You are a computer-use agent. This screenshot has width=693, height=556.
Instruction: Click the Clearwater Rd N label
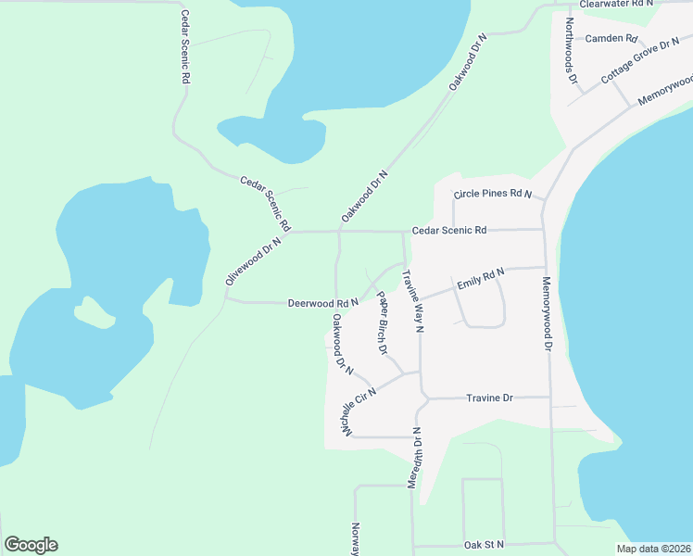click(617, 5)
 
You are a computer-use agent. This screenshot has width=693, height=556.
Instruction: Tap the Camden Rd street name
click(611, 39)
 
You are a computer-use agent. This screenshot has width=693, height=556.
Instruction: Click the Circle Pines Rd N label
click(492, 195)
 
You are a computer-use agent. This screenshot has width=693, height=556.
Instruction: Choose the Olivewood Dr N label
click(252, 260)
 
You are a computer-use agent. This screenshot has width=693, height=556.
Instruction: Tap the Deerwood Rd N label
click(322, 303)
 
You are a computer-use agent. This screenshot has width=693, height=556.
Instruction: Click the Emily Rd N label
click(479, 278)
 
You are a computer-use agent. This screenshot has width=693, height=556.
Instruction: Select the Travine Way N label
click(412, 300)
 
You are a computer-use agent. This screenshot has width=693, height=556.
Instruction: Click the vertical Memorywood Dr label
click(547, 314)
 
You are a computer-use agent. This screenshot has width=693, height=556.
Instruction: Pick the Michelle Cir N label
click(359, 414)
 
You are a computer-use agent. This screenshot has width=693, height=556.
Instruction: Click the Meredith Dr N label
click(415, 459)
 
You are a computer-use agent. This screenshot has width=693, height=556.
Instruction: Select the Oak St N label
click(485, 544)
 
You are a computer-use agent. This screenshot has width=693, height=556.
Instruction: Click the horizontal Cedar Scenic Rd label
click(449, 230)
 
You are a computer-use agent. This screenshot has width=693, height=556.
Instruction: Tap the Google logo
click(31, 545)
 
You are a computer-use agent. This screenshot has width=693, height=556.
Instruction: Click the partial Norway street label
click(355, 538)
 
